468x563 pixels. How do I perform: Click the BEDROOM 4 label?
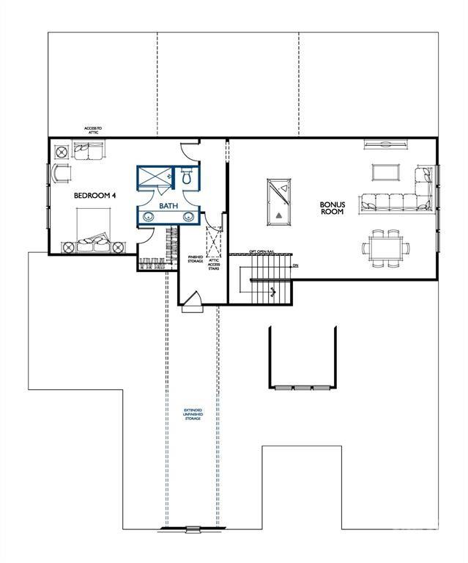(x=94, y=196)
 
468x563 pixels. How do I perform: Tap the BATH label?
(x=168, y=207)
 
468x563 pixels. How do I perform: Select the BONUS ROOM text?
(x=333, y=209)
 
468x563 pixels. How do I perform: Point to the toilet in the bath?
(x=186, y=177)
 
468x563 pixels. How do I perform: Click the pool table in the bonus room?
(x=279, y=198)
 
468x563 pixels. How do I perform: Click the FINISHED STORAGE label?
(x=196, y=258)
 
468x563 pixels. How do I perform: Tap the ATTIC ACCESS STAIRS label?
(x=214, y=264)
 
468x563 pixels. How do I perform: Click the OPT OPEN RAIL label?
(x=262, y=251)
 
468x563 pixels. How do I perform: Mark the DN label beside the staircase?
(x=295, y=265)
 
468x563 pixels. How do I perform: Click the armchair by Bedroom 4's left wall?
(x=60, y=174)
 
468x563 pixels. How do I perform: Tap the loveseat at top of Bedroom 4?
(x=89, y=151)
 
